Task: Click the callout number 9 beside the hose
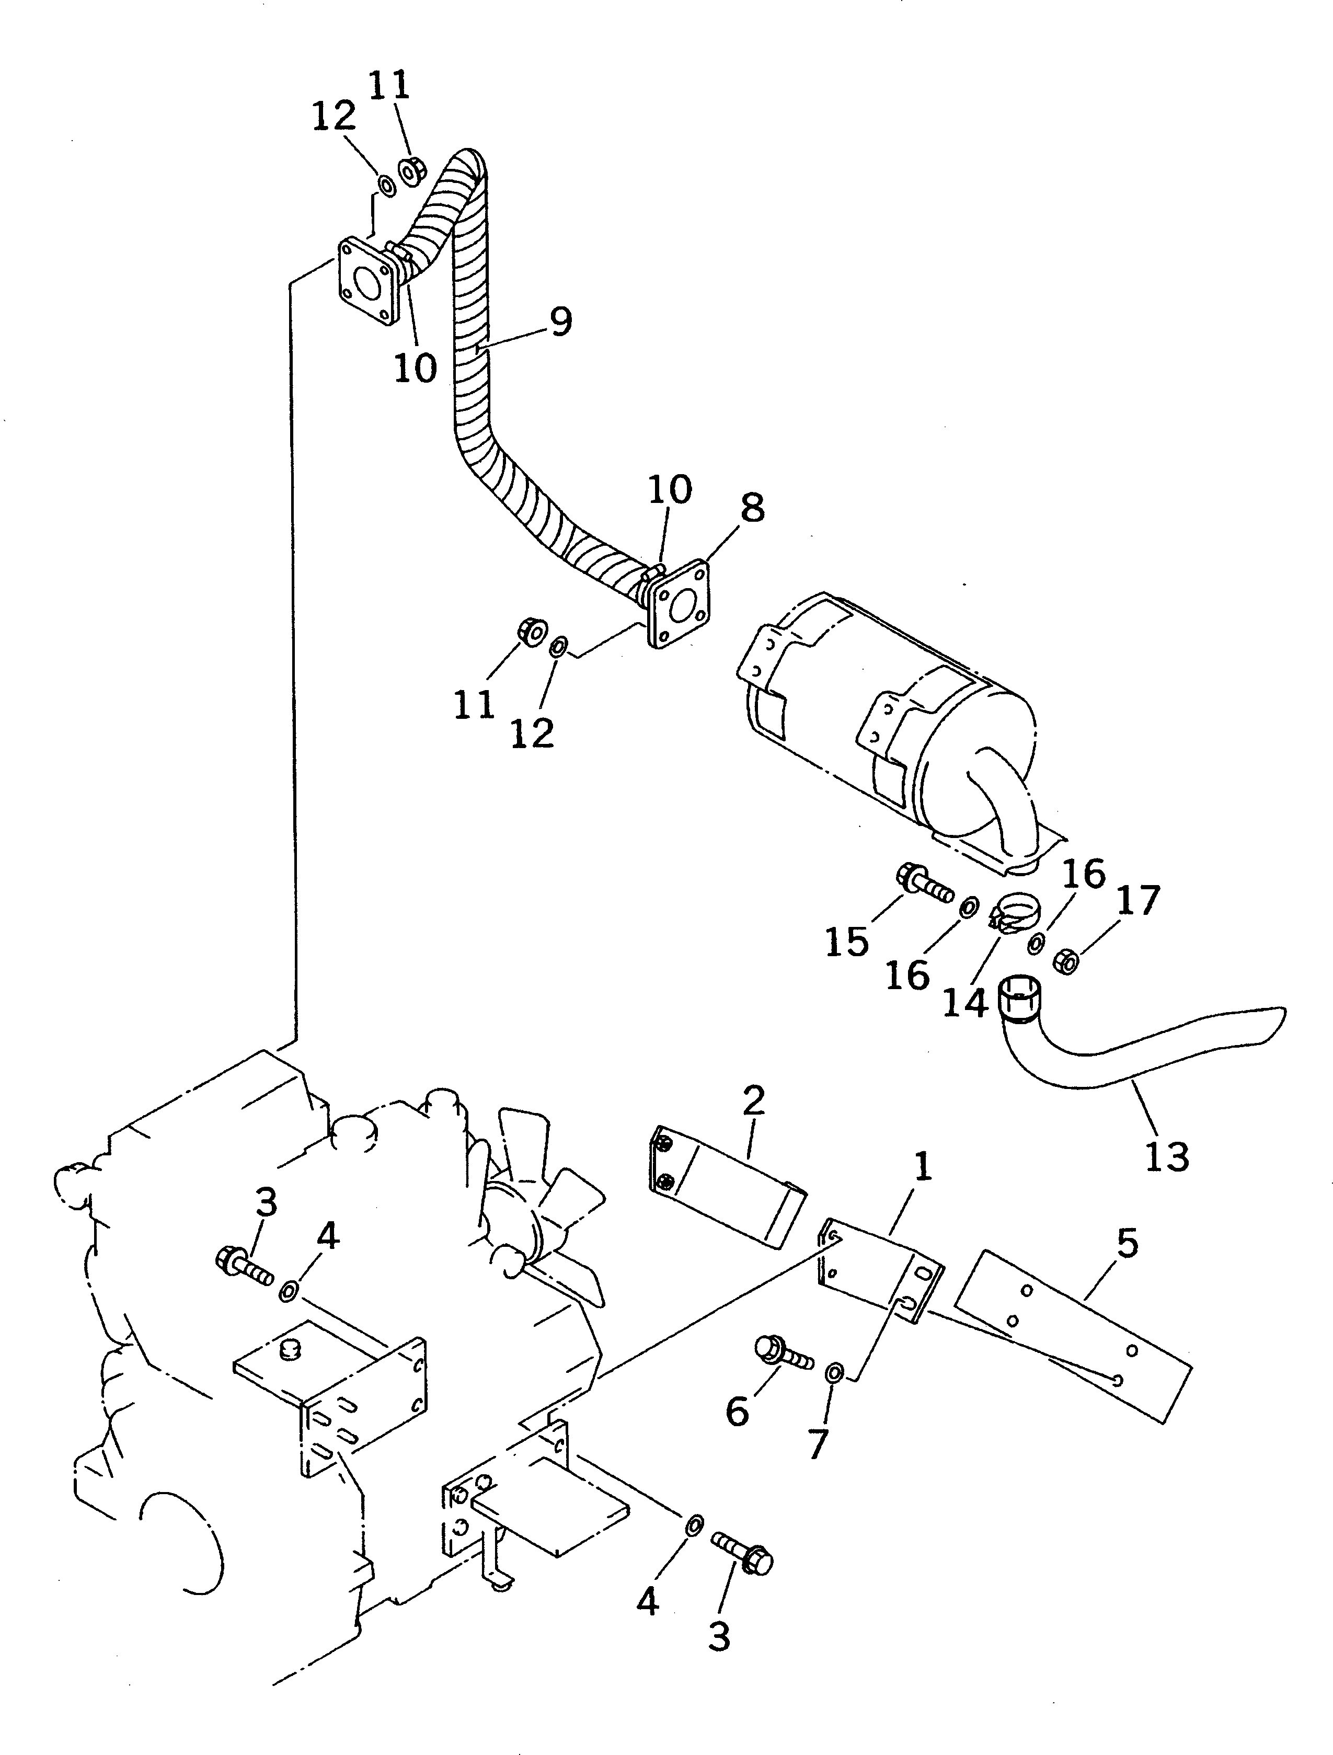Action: click(x=560, y=322)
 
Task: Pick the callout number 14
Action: click(x=965, y=1002)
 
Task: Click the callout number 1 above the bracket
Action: click(x=922, y=1167)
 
